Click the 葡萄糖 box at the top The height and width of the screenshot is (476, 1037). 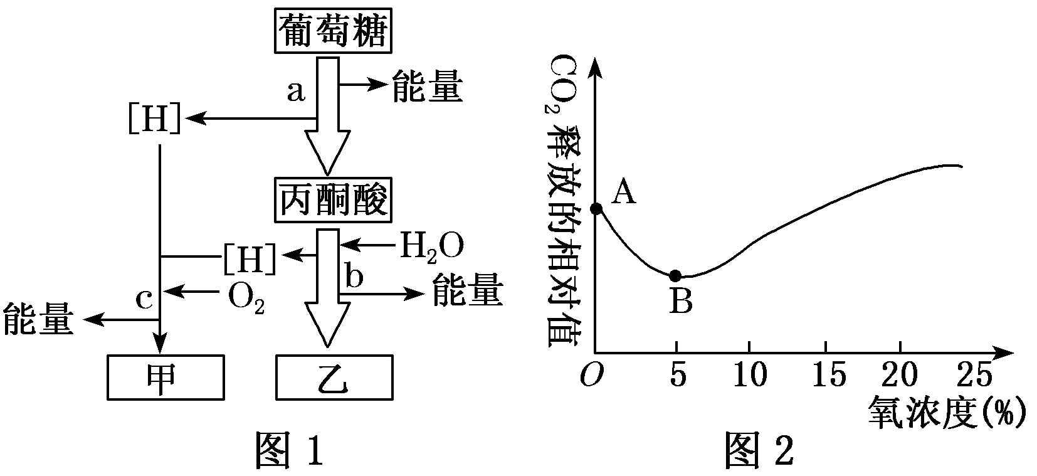[332, 32]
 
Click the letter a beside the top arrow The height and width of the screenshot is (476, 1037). [295, 92]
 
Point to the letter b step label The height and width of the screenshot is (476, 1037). [354, 277]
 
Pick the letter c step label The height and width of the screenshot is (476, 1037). [145, 299]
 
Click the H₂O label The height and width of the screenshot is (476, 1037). [432, 246]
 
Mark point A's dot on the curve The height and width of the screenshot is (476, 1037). [596, 208]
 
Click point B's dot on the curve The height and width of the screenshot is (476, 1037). [675, 275]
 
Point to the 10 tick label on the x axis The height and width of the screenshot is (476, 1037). [750, 376]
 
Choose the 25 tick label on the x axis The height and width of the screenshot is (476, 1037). [976, 376]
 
